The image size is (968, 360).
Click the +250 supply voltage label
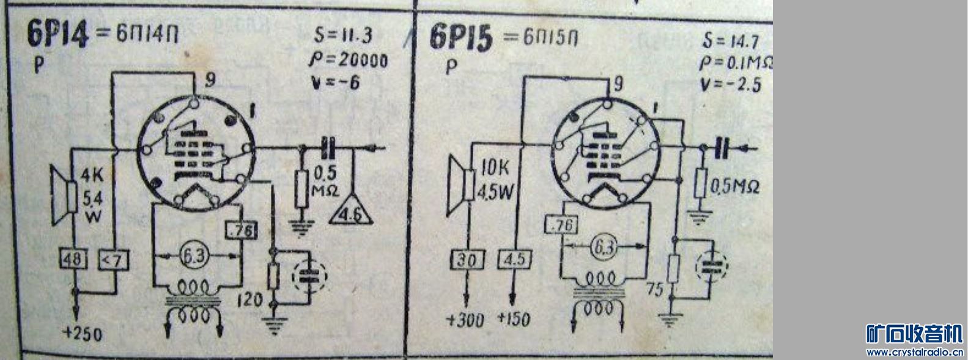tap(82, 334)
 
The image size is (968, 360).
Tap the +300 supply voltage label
tap(467, 320)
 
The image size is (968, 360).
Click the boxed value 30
tap(467, 260)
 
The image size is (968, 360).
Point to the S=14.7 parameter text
tap(731, 42)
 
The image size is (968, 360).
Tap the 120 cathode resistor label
tap(251, 300)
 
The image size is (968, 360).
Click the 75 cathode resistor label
tap(654, 288)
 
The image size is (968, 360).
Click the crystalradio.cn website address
tap(915, 353)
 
